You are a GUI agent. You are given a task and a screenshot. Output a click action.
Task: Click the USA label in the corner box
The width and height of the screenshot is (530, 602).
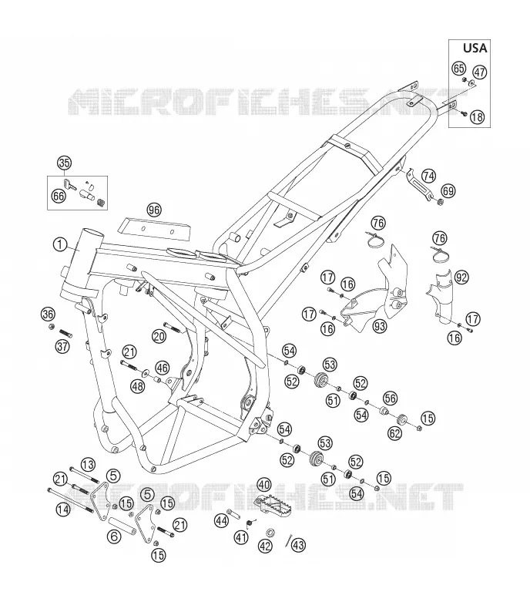pyautogui.click(x=475, y=48)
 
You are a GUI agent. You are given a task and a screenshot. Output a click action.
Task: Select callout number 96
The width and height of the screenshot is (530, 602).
pyautogui.click(x=154, y=210)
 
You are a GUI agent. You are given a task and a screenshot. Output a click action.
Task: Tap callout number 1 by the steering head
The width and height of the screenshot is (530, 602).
pyautogui.click(x=60, y=244)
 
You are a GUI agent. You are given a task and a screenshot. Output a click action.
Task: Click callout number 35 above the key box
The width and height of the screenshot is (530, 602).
pyautogui.click(x=64, y=163)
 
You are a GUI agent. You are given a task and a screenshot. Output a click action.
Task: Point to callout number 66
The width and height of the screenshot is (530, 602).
pyautogui.click(x=59, y=197)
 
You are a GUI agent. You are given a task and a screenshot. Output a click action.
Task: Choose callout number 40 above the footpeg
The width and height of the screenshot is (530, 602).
pyautogui.click(x=264, y=484)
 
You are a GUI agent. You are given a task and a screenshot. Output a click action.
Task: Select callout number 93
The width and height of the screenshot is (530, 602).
pyautogui.click(x=380, y=326)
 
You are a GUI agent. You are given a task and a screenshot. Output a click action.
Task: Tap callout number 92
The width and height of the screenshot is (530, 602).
pyautogui.click(x=461, y=277)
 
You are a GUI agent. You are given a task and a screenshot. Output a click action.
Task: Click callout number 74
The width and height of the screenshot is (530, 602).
pyautogui.click(x=428, y=176)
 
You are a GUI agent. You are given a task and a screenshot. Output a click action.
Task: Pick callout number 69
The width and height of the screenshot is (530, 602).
pyautogui.click(x=448, y=191)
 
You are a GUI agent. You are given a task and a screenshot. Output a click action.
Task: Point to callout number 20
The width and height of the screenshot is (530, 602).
pyautogui.click(x=159, y=337)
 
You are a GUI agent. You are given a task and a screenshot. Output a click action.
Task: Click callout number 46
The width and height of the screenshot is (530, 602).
pyautogui.click(x=163, y=368)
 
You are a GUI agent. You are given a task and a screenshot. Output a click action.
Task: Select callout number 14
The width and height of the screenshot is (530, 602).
pyautogui.click(x=63, y=510)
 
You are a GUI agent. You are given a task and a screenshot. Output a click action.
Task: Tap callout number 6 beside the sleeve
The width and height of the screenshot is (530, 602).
pyautogui.click(x=114, y=536)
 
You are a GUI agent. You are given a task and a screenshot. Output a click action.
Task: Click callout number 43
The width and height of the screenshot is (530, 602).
pyautogui.click(x=299, y=544)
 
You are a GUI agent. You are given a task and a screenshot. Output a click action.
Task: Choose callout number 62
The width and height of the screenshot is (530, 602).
pyautogui.click(x=394, y=433)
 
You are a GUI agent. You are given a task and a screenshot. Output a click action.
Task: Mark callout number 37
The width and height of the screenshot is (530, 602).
pyautogui.click(x=62, y=346)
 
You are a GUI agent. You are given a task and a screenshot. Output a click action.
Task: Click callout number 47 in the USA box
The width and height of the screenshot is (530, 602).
pyautogui.click(x=479, y=72)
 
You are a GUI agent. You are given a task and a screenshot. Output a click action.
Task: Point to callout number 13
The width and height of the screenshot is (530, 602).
pyautogui.click(x=88, y=465)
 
